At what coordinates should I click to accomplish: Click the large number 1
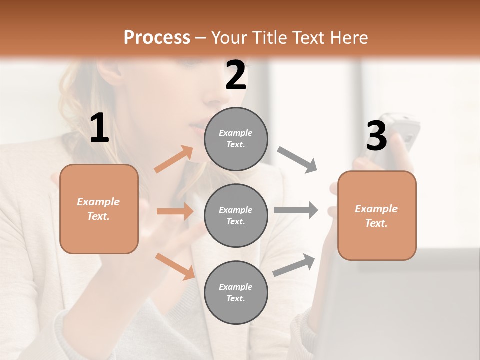click(99, 128)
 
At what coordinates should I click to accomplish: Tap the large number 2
click(236, 75)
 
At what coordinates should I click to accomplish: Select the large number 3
click(376, 136)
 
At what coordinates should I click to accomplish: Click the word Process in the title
click(157, 37)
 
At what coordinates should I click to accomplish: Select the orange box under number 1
click(99, 209)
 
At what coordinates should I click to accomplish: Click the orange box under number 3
click(377, 215)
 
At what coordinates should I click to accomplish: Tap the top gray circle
click(236, 139)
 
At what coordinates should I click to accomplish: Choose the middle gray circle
click(236, 215)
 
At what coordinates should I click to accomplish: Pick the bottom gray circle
click(236, 292)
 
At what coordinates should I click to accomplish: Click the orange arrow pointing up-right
click(174, 159)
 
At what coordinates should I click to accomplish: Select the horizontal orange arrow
click(175, 211)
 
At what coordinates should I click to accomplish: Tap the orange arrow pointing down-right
click(175, 266)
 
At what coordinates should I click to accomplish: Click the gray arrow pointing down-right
click(297, 160)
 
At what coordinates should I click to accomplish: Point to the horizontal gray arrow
click(296, 210)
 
